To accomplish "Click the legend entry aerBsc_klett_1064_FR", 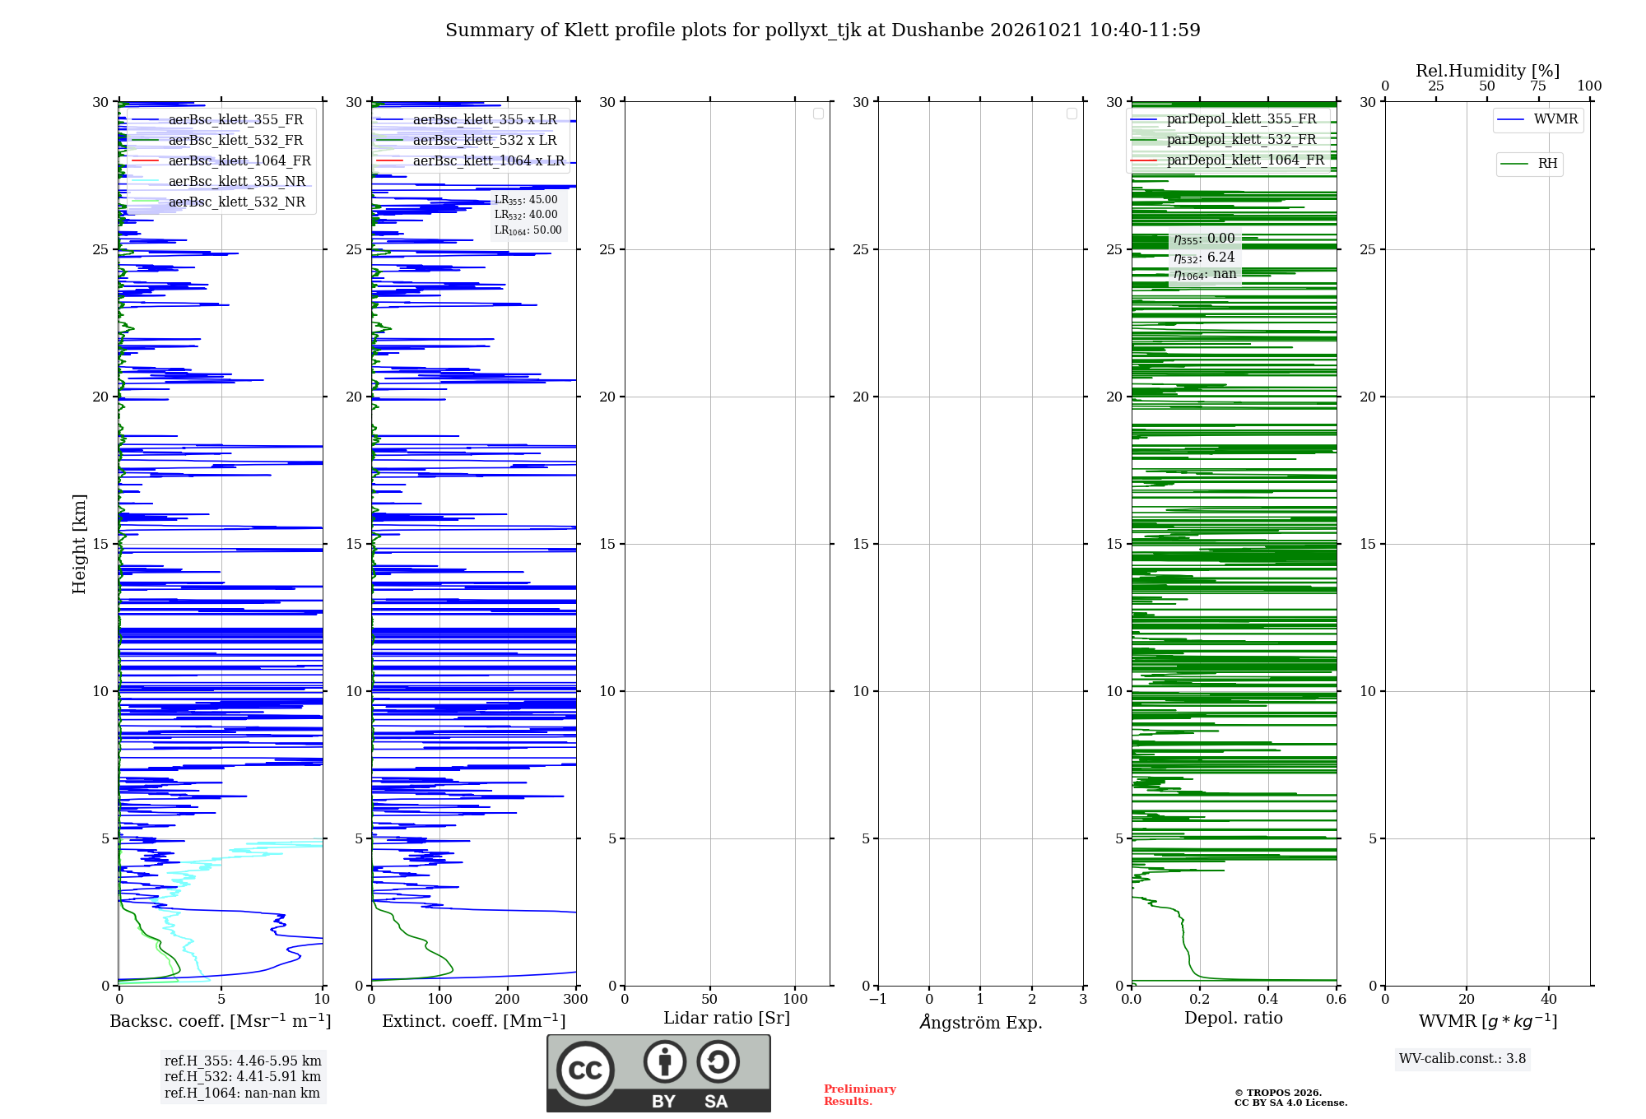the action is (221, 160).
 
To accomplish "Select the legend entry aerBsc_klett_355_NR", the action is (218, 181).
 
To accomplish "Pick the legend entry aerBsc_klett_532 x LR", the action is (467, 140).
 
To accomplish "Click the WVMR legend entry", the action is (1537, 119).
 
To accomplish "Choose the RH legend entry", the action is (1529, 164).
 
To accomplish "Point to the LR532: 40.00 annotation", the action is (526, 215).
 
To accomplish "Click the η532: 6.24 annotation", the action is (1204, 258).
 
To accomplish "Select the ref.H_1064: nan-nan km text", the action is (242, 1093).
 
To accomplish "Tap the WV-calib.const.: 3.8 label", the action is (1462, 1059).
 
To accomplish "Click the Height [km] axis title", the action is (79, 544).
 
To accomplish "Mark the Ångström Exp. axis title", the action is (981, 1022).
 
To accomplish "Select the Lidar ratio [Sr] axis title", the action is (727, 1019).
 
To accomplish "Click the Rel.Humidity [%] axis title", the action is (1488, 71).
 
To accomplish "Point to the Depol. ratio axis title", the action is (1234, 1018).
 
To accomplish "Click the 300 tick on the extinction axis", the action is (576, 1000).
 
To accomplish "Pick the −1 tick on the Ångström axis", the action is (878, 1000).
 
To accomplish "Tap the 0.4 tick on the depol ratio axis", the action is (1268, 1000).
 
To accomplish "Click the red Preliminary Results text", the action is (860, 1095).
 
